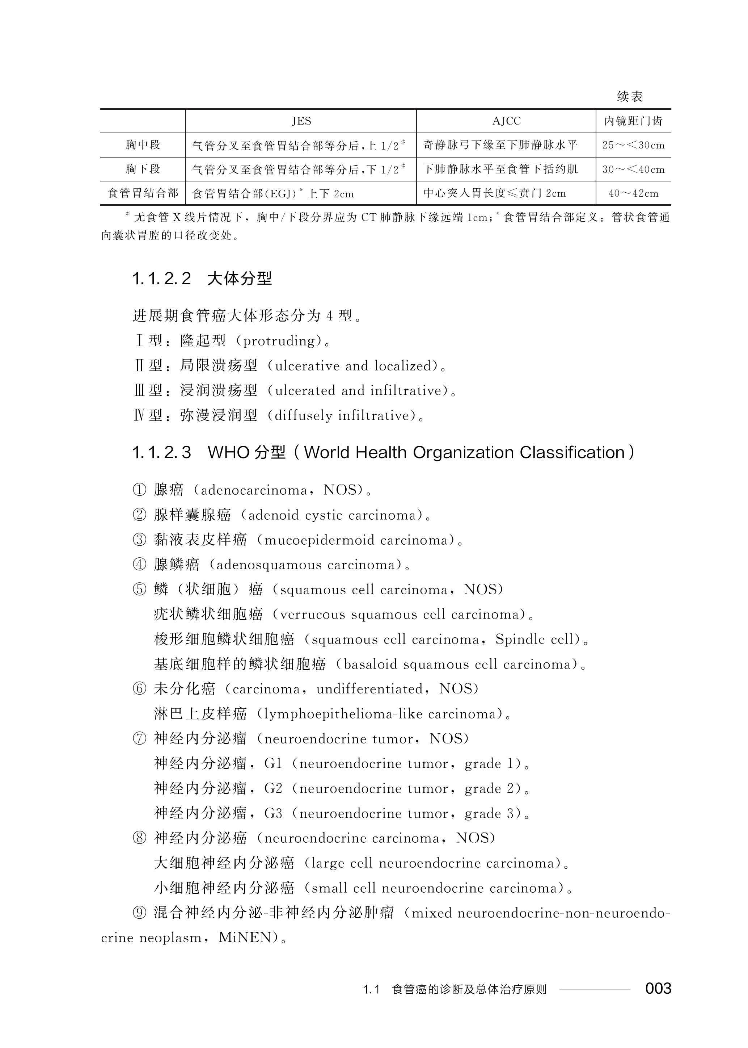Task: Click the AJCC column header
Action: pyautogui.click(x=506, y=121)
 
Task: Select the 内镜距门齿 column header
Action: pyautogui.click(x=633, y=121)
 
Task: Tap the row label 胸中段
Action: pyautogui.click(x=143, y=145)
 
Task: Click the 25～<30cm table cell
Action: pyautogui.click(x=633, y=145)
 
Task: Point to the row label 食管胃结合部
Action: pyautogui.click(x=143, y=193)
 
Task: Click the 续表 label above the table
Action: pyautogui.click(x=630, y=97)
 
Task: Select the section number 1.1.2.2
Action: pyautogui.click(x=161, y=279)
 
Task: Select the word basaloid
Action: pyautogui.click(x=370, y=665)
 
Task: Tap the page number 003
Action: pyautogui.click(x=658, y=988)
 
